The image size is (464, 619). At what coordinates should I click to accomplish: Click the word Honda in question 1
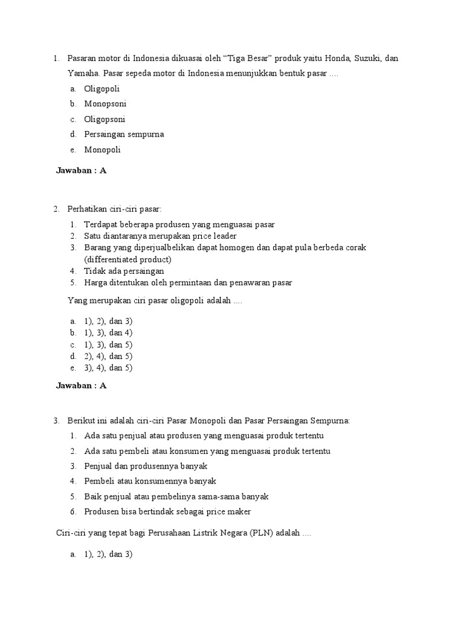pos(338,59)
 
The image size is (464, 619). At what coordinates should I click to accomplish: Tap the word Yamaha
pos(83,74)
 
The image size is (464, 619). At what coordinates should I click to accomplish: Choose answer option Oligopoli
pos(102,89)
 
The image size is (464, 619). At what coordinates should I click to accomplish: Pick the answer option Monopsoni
pos(105,104)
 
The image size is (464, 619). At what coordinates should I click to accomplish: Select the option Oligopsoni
pos(105,119)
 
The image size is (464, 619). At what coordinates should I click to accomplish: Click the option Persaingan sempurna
pos(124,134)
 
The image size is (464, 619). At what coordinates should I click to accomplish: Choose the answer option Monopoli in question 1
pos(103,149)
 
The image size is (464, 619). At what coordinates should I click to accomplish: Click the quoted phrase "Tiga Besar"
pos(249,59)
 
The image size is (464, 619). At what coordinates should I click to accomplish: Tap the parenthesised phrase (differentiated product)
pos(128,259)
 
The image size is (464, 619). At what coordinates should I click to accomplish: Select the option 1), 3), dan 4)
pos(108,332)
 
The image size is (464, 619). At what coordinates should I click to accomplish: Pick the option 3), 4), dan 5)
pos(108,368)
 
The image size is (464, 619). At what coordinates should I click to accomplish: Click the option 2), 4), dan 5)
pos(108,356)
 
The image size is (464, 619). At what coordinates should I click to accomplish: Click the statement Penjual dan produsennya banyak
pos(146,466)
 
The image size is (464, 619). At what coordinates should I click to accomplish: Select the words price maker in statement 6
pos(228,511)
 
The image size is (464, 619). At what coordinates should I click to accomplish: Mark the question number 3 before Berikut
pos(56,421)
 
